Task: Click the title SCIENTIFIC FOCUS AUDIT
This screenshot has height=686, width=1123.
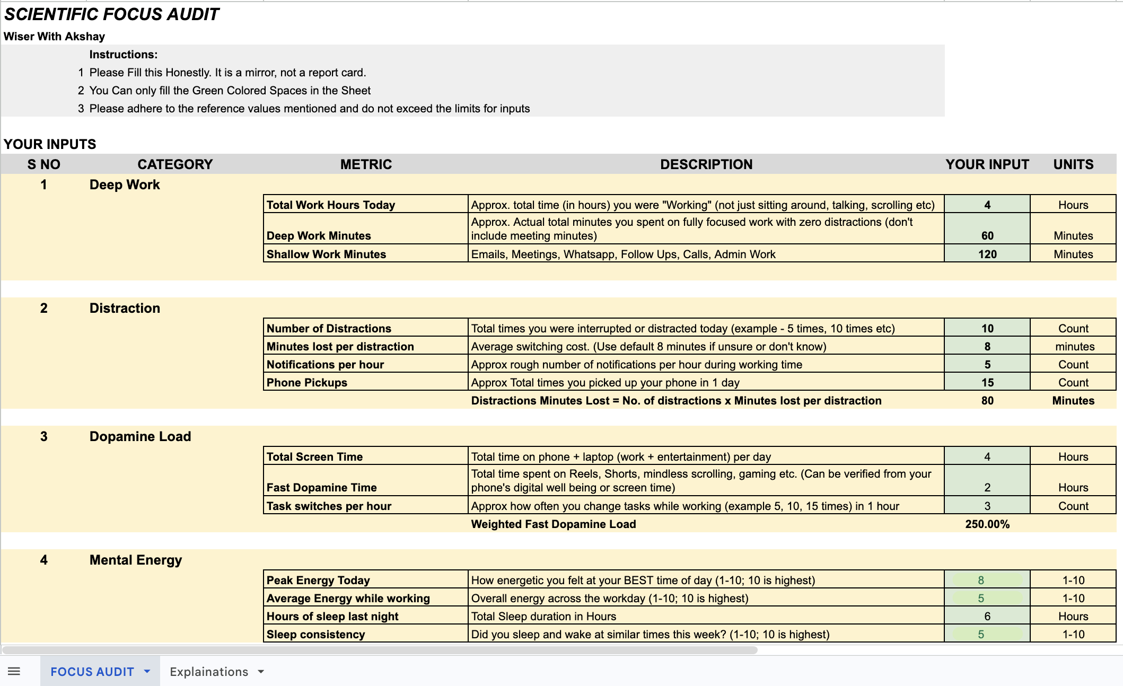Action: (x=111, y=14)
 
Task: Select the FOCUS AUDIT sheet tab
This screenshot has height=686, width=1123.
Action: (x=92, y=672)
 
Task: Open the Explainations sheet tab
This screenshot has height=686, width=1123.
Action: (x=209, y=672)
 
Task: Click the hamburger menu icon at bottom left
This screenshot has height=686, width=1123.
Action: (x=14, y=672)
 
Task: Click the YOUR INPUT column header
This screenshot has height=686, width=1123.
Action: (x=987, y=164)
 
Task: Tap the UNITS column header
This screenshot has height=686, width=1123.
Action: (x=1073, y=164)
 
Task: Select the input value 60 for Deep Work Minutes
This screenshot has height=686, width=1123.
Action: (x=987, y=235)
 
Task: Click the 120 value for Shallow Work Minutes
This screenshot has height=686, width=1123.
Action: (x=987, y=254)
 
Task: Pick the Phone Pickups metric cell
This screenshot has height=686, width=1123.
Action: (x=306, y=382)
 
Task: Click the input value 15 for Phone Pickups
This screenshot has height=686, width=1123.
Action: (x=987, y=382)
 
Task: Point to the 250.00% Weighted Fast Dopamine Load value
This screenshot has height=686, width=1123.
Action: (x=987, y=524)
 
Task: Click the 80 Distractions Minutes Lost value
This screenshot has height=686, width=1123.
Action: (x=987, y=400)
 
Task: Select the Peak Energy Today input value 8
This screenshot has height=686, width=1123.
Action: (x=981, y=580)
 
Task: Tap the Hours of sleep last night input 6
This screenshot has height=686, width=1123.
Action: (x=987, y=616)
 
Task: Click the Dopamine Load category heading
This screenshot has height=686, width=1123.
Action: (x=140, y=436)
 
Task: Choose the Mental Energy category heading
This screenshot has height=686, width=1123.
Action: (x=135, y=560)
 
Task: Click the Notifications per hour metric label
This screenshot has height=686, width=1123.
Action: (x=325, y=364)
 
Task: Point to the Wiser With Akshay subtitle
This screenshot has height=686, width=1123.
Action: (x=54, y=37)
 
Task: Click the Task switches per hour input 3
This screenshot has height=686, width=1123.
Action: (x=987, y=506)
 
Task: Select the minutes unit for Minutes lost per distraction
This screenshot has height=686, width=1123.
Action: (x=1074, y=346)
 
